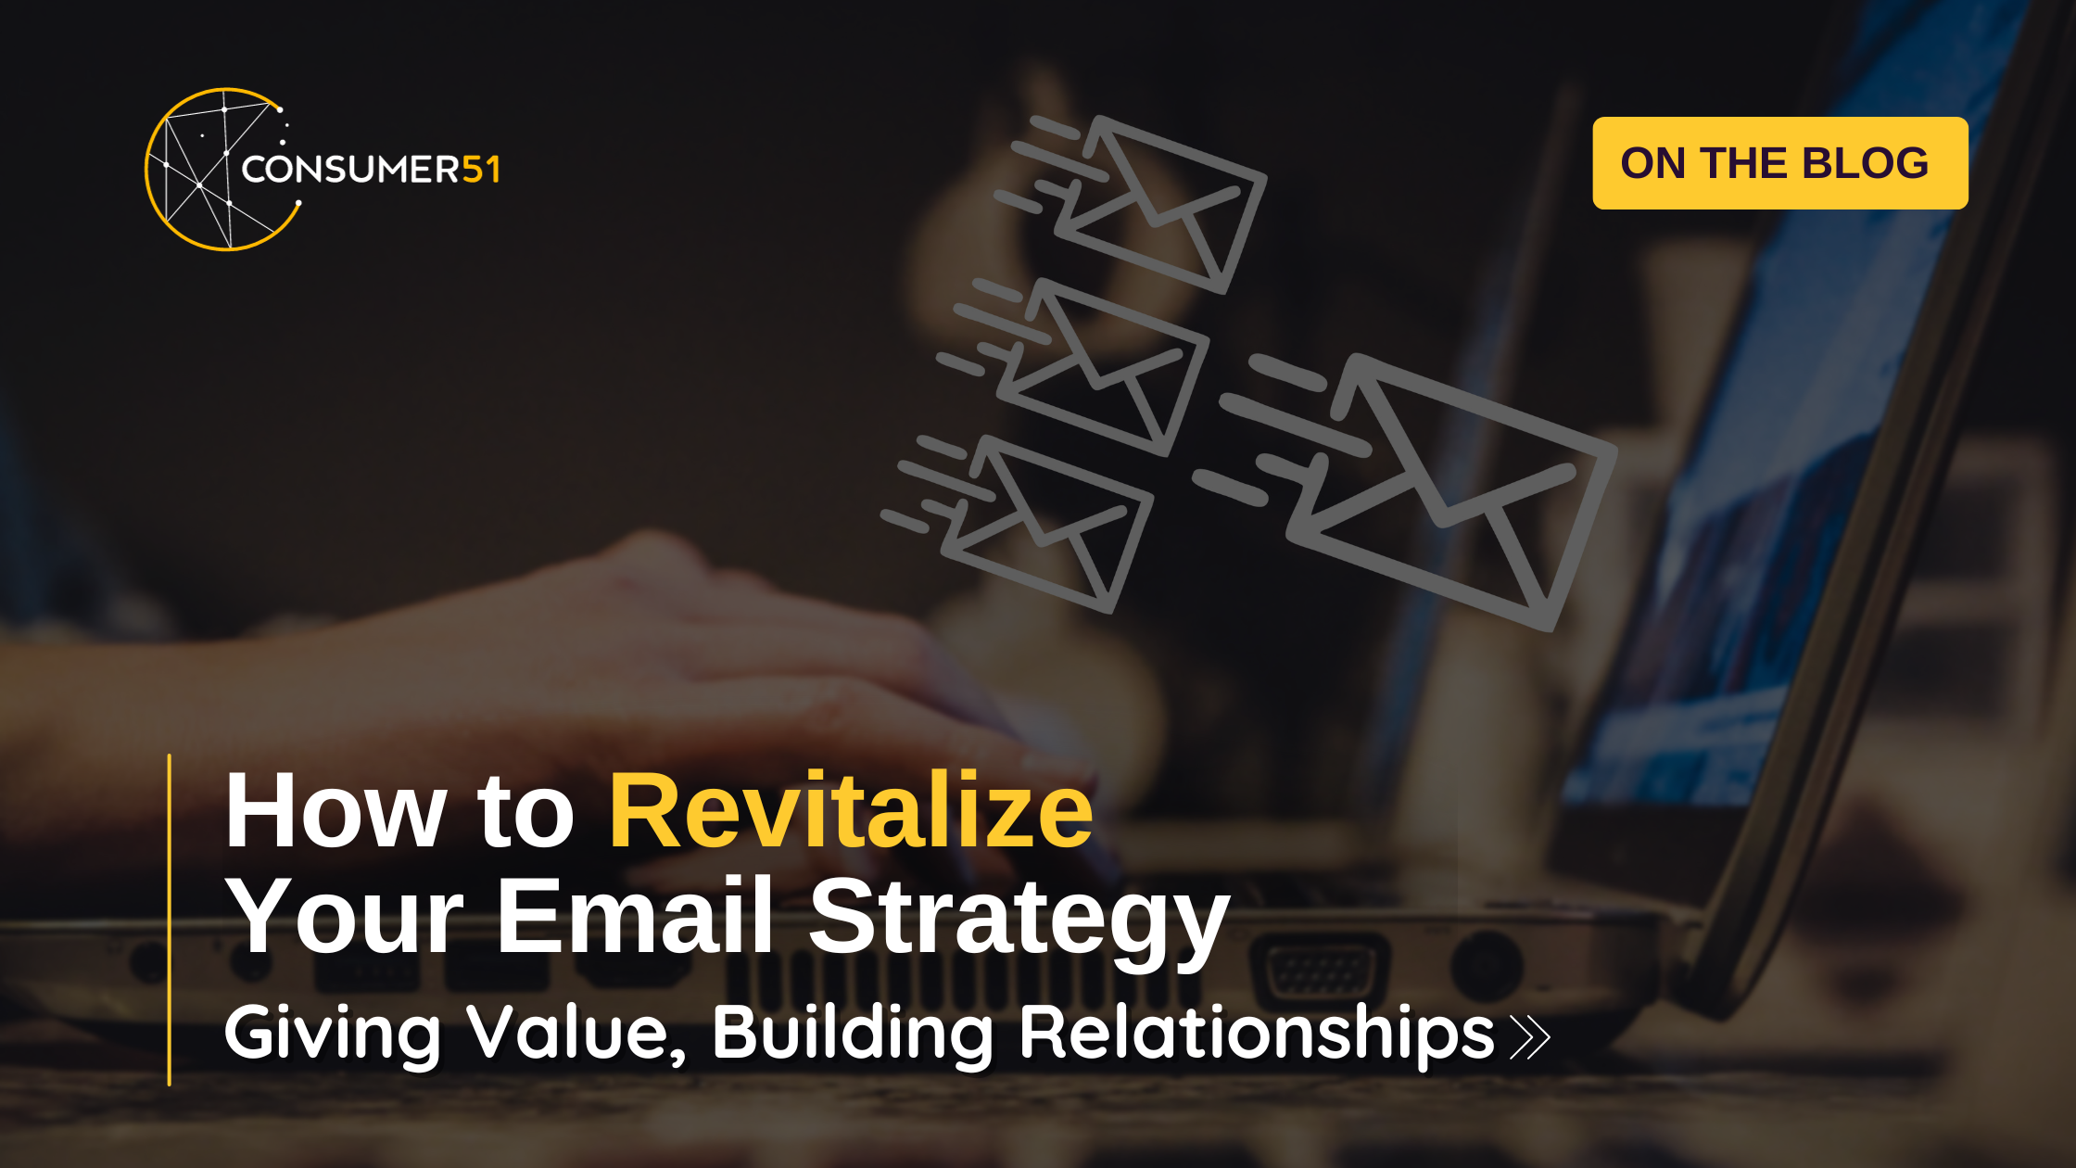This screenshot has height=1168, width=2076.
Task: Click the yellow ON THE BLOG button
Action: coord(1779,163)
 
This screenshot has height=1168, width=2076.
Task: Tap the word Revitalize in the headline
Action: coord(851,811)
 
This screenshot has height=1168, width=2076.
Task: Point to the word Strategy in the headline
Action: coord(1019,918)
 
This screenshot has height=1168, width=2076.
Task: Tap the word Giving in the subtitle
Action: coord(333,1034)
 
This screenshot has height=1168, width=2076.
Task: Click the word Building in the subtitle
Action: coord(852,1034)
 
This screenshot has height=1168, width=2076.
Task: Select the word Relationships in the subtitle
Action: coord(1256,1034)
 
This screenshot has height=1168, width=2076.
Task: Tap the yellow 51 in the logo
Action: coord(481,170)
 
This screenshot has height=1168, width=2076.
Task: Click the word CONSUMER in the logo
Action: coord(350,170)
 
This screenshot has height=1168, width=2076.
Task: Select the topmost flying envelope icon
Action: coord(1158,204)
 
